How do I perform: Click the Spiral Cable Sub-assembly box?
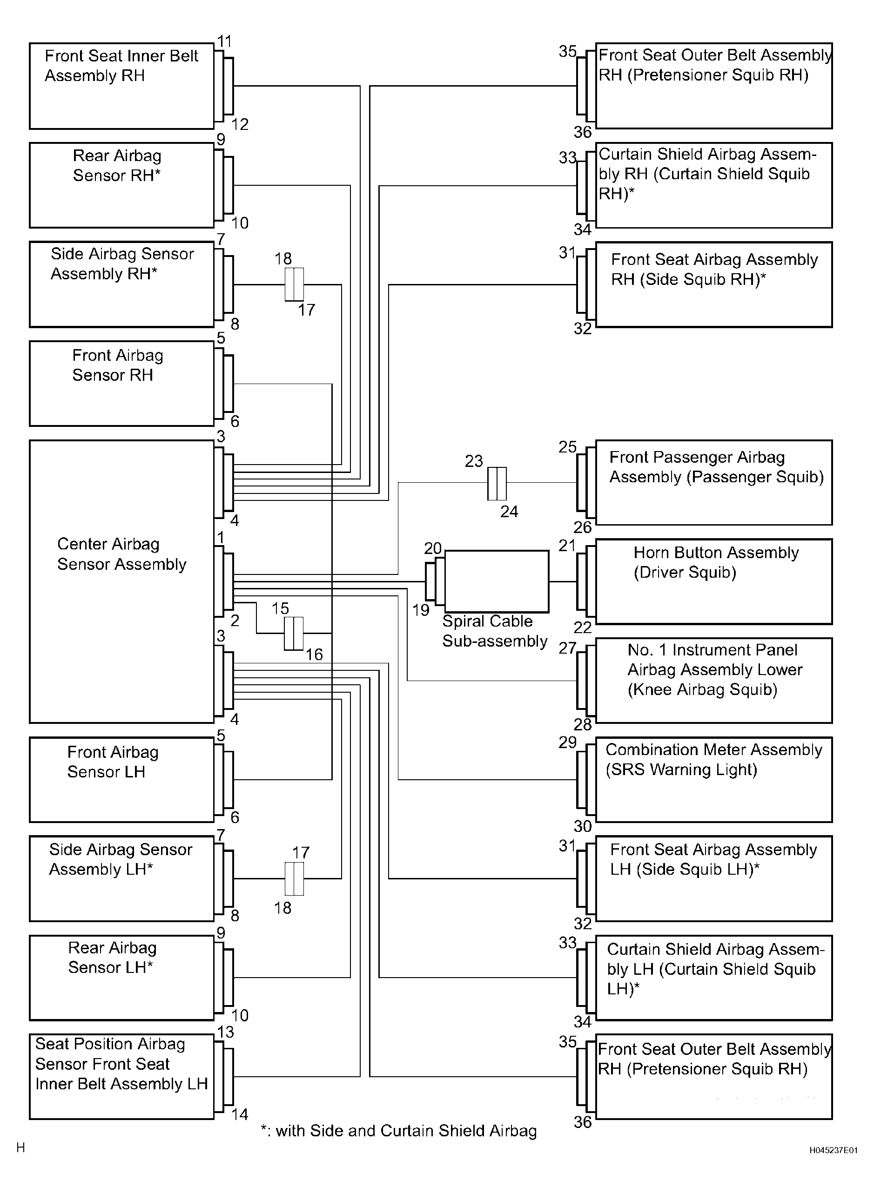pyautogui.click(x=496, y=581)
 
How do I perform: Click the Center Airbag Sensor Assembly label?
pyautogui.click(x=121, y=554)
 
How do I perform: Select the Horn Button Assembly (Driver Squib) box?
pyautogui.click(x=714, y=581)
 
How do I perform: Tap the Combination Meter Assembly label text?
pyautogui.click(x=714, y=750)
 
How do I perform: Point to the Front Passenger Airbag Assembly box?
pyautogui.click(x=714, y=483)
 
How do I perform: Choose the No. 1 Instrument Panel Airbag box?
pyautogui.click(x=714, y=681)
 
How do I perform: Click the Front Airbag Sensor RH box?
pyautogui.click(x=121, y=384)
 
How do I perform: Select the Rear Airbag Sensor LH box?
pyautogui.click(x=121, y=978)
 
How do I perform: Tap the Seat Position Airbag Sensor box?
pyautogui.click(x=121, y=1077)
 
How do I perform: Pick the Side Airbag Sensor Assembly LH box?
pyautogui.click(x=121, y=878)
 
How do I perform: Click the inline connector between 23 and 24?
pyautogui.click(x=497, y=483)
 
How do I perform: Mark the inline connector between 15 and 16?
pyautogui.click(x=294, y=633)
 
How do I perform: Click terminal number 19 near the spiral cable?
pyautogui.click(x=421, y=610)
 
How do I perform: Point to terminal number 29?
pyautogui.click(x=567, y=742)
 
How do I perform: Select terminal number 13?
pyautogui.click(x=225, y=1032)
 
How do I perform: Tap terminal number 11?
pyautogui.click(x=225, y=41)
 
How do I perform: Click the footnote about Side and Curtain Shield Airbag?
pyautogui.click(x=398, y=1131)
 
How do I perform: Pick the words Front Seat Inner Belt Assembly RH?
pyautogui.click(x=121, y=66)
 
